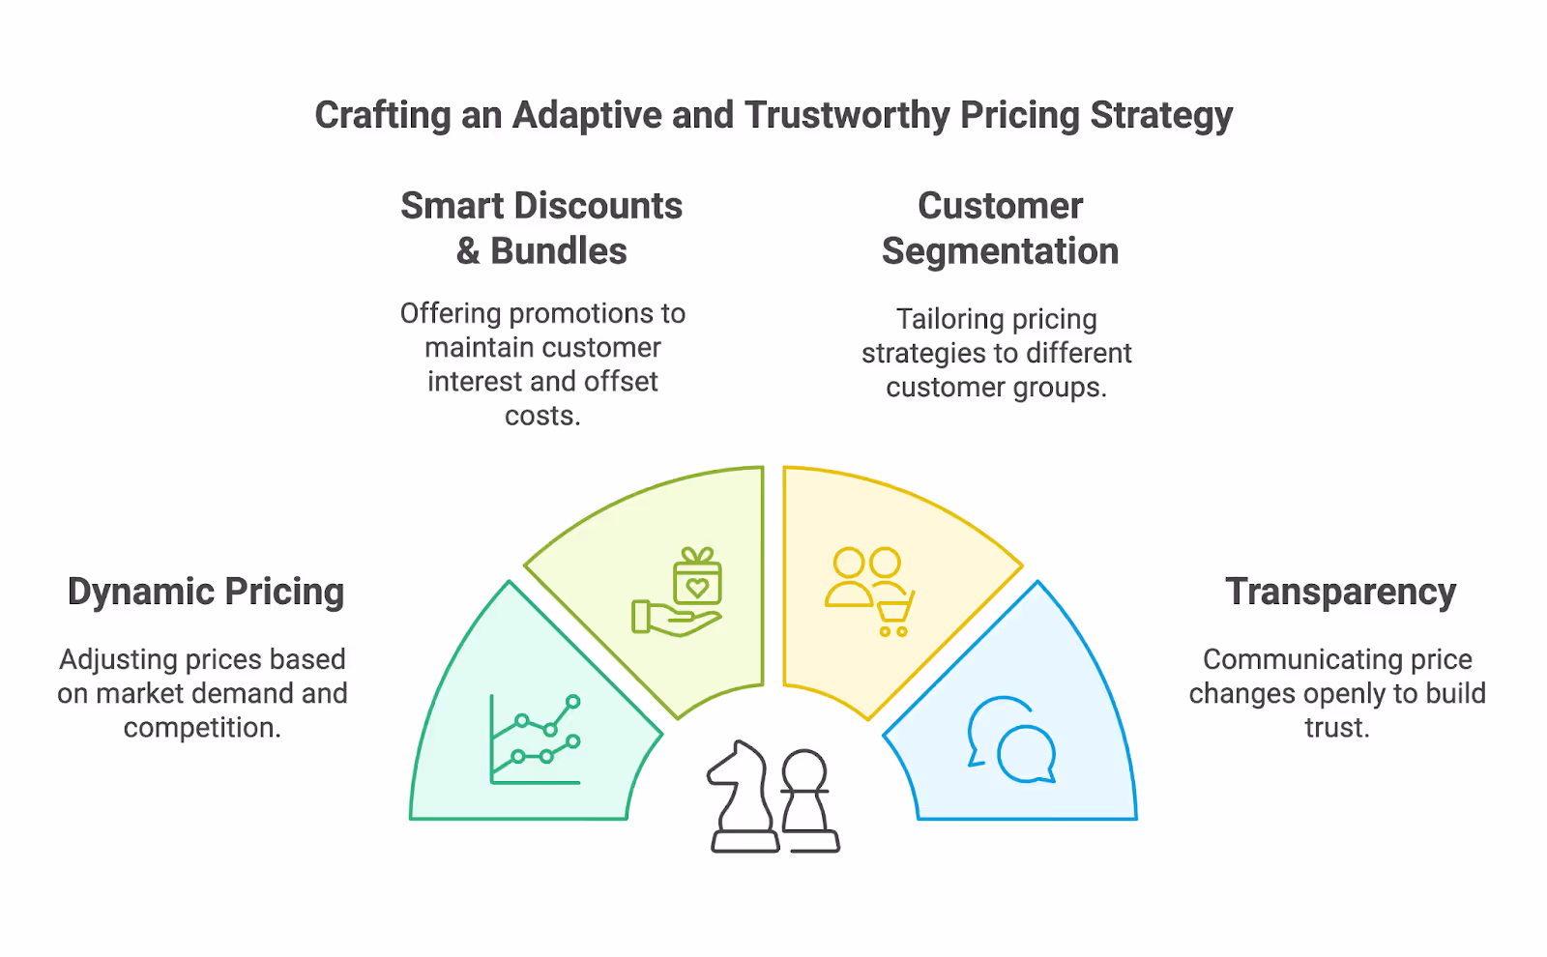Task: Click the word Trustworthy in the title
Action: click(847, 115)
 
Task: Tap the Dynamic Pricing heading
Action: click(206, 592)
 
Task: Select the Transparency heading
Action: click(1340, 592)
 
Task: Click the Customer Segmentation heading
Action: click(1000, 228)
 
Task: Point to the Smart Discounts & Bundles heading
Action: click(541, 228)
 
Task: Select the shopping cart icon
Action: click(894, 615)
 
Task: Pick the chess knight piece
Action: click(743, 797)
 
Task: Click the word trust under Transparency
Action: click(1335, 727)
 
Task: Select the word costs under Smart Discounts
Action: click(541, 416)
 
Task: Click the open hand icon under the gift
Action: click(675, 619)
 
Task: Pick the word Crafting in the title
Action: click(383, 115)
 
